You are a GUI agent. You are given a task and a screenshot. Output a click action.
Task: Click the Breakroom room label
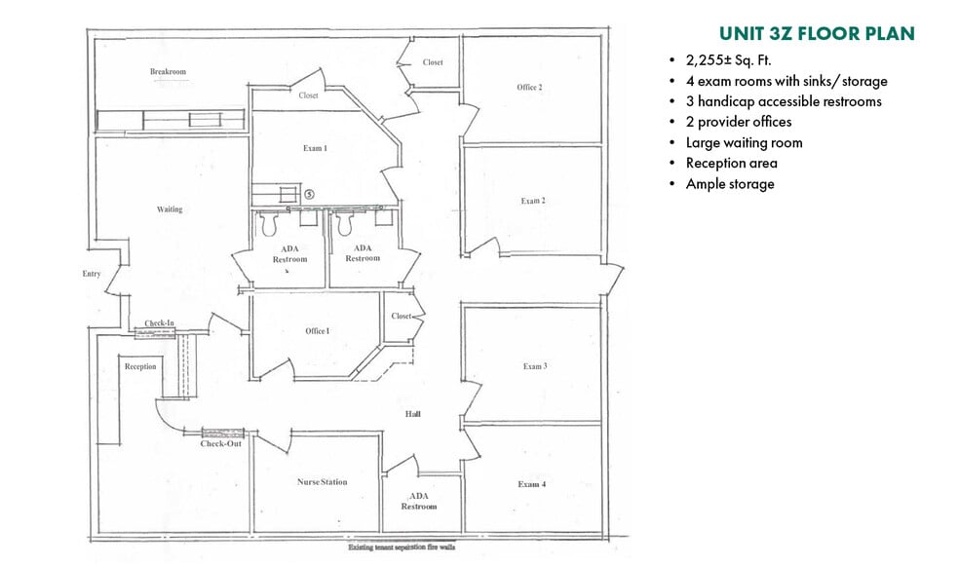point(168,72)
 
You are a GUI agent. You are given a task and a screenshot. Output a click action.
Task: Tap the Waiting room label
point(170,209)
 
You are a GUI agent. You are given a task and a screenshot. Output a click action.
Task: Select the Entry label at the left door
point(92,274)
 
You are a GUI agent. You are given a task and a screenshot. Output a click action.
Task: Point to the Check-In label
point(159,323)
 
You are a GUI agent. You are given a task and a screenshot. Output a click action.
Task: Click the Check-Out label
point(221,444)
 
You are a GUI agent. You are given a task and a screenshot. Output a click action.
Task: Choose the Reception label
point(140,366)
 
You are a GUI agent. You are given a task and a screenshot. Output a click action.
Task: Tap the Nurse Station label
point(322,482)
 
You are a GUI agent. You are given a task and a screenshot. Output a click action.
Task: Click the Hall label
point(413,415)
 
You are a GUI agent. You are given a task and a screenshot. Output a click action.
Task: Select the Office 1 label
point(317,331)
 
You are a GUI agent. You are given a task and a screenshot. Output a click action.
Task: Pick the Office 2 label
point(529,88)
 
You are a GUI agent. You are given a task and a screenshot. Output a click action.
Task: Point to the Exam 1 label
point(314,148)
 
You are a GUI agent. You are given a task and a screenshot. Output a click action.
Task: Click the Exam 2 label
point(532,201)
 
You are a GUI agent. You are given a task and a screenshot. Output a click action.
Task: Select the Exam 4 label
point(532,484)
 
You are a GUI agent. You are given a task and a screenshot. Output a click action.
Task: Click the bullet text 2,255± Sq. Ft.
point(728,60)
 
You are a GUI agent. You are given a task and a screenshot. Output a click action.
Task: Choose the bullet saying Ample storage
point(730,183)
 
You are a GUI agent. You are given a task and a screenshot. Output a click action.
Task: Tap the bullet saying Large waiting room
point(744,142)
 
